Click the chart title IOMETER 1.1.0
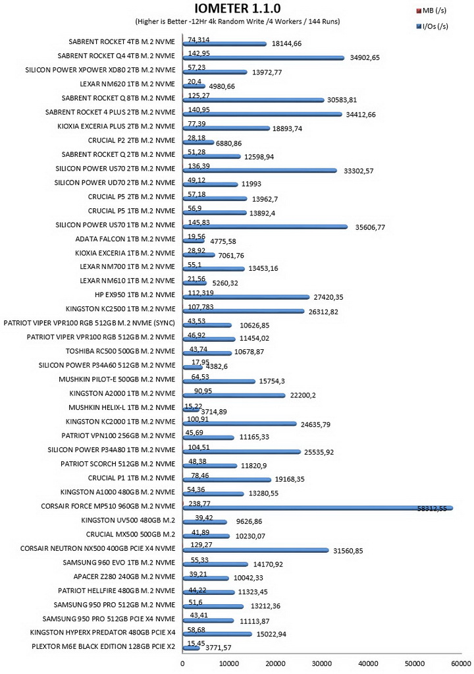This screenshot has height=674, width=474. [x=238, y=8]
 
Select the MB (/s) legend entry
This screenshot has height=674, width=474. [x=431, y=11]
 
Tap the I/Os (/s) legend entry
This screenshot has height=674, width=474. [x=432, y=26]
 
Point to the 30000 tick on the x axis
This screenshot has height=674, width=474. [x=322, y=663]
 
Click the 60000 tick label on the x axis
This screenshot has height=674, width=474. [x=461, y=663]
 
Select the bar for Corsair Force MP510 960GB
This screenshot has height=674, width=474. [x=318, y=509]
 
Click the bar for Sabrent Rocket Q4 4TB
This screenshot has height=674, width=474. [x=263, y=57]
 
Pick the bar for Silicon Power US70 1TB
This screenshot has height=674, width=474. [x=265, y=227]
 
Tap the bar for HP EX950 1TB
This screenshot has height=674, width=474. [x=246, y=296]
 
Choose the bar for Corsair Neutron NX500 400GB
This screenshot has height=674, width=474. [x=256, y=550]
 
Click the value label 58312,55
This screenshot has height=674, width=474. [x=432, y=509]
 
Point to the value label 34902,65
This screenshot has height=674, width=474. [x=365, y=57]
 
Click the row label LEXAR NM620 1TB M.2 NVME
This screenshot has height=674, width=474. [x=128, y=84]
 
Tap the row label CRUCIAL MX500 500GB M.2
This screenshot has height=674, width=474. [x=130, y=534]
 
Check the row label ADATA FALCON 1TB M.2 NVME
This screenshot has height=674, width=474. [x=125, y=239]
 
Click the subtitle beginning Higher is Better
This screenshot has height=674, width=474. [x=238, y=22]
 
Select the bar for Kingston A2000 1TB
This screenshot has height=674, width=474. [x=234, y=395]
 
